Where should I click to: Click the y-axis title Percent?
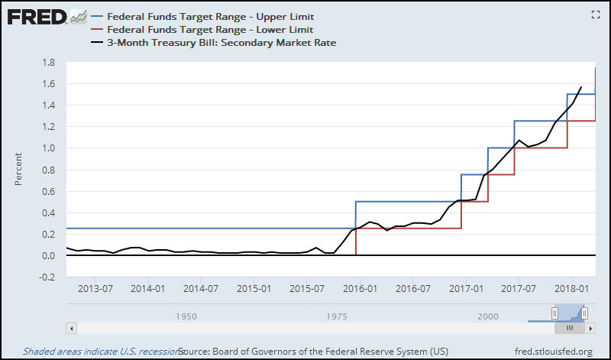point(20,169)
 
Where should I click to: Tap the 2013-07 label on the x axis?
point(95,290)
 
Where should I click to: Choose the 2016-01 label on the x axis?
point(360,290)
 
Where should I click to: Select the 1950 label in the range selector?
point(186,316)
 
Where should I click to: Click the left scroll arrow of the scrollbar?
point(72,328)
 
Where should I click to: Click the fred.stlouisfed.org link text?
point(554,351)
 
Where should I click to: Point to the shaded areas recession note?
point(99,351)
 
